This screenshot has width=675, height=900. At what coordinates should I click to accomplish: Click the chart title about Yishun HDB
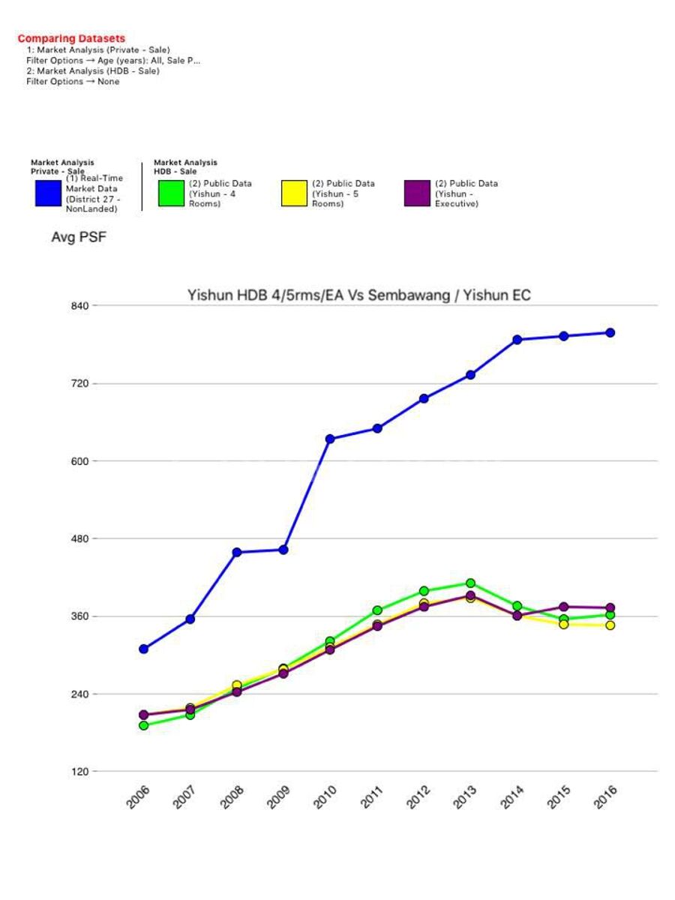pos(358,295)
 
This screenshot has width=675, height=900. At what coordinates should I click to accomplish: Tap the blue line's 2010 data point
pos(330,439)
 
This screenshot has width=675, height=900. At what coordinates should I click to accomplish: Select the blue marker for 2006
pos(143,649)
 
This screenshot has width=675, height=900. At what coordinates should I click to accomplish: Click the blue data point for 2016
pos(610,332)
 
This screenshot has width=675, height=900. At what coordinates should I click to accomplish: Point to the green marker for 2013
pos(470,583)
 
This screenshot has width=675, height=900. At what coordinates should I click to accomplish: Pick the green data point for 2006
pos(143,725)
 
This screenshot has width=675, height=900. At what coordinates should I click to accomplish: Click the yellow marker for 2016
pos(610,625)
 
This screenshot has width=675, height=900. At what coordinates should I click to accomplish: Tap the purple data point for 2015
pos(564,607)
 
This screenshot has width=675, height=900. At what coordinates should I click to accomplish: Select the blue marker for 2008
pos(237,552)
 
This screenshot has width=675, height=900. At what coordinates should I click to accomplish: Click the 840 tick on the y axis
pos(80,306)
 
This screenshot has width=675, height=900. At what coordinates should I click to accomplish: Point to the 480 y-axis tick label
pos(80,538)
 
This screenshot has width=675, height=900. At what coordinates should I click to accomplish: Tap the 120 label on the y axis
pos(80,772)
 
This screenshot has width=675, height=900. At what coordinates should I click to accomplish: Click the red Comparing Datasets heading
pos(71,38)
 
